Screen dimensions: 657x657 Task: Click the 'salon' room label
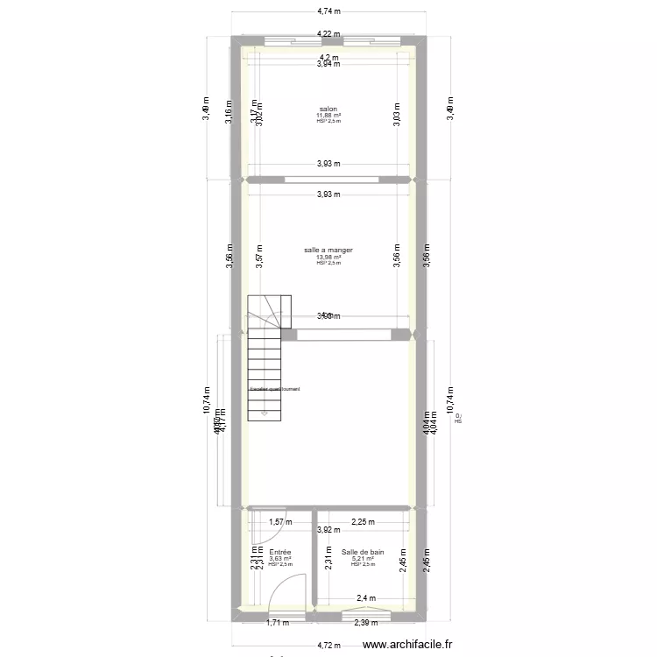(328, 109)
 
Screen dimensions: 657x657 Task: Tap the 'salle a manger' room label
(328, 251)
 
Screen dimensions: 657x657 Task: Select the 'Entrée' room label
(280, 553)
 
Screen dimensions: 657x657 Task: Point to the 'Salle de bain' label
(363, 553)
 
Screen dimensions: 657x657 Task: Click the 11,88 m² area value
(328, 116)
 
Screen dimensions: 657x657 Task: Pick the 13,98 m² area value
(328, 258)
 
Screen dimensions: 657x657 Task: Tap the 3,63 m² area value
(280, 559)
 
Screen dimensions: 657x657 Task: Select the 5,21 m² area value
(363, 559)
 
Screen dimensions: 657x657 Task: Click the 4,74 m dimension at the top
(328, 11)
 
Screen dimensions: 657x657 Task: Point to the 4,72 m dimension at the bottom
(328, 644)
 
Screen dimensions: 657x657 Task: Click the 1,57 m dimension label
(279, 522)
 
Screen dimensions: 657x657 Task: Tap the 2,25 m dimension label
(363, 522)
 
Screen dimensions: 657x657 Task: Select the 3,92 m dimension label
(328, 529)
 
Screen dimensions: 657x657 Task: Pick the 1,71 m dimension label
(277, 623)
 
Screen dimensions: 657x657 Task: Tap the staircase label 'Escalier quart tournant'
(275, 390)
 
